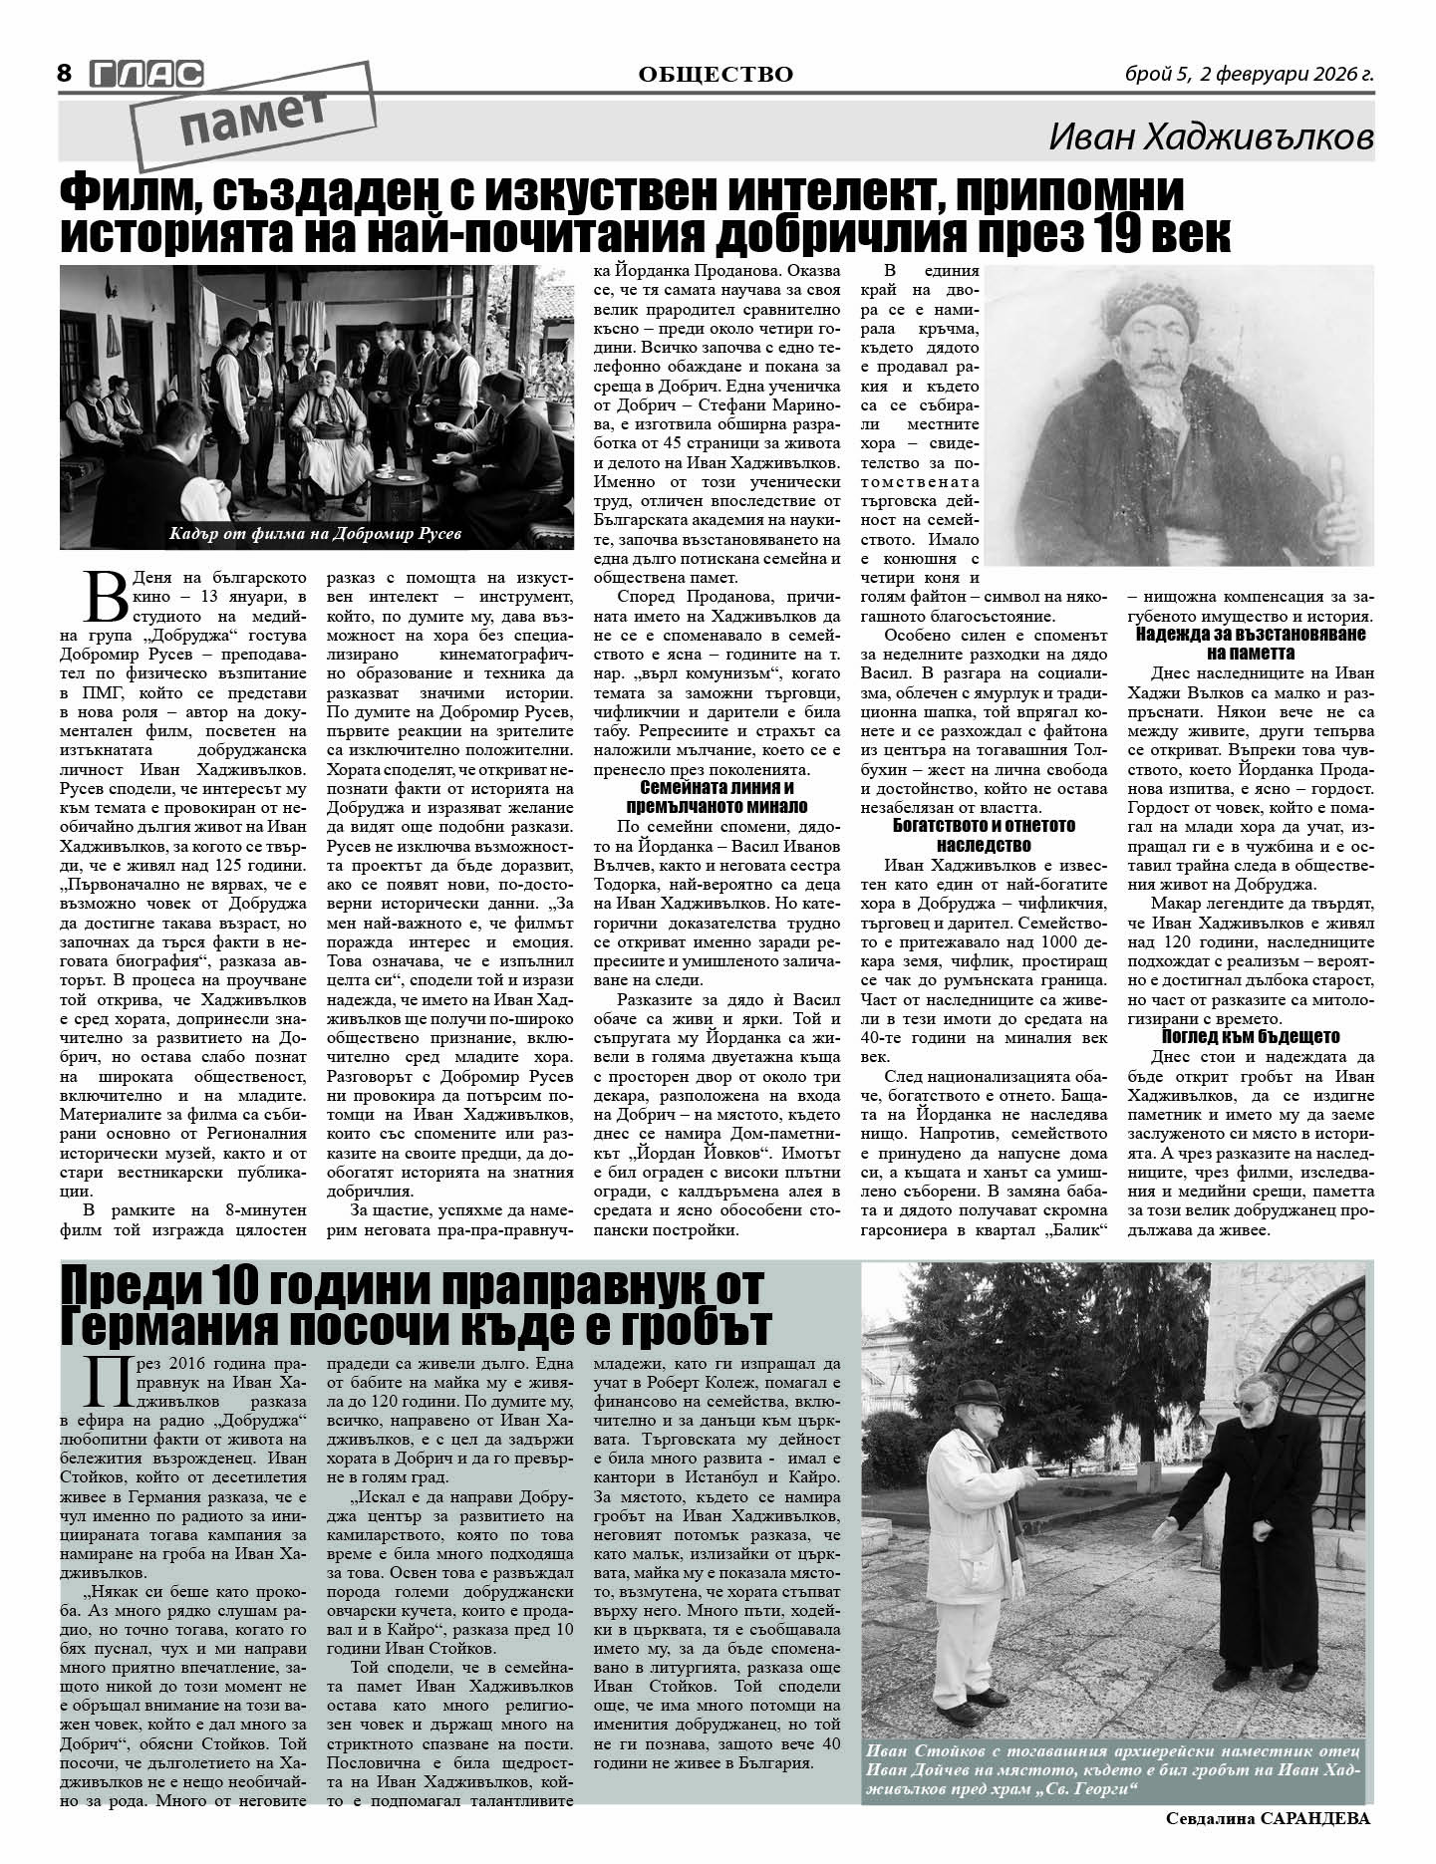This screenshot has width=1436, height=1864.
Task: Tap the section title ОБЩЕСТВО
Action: [x=716, y=75]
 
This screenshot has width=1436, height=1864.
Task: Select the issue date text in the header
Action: [x=1249, y=74]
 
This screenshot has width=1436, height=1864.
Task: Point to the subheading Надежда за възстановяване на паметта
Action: [x=1250, y=644]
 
